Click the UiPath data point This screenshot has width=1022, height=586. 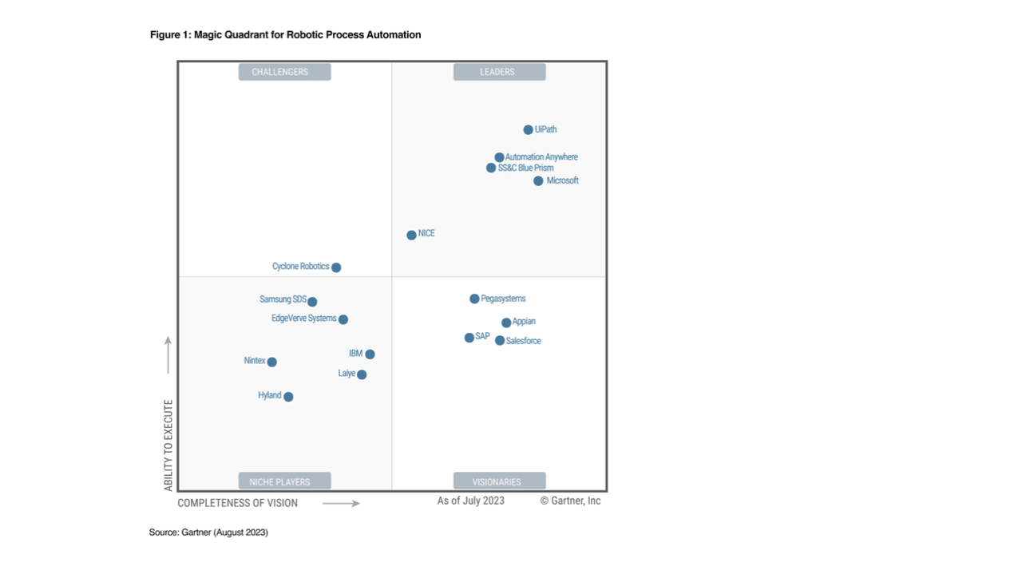coord(528,130)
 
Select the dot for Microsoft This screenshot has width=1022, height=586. coord(538,181)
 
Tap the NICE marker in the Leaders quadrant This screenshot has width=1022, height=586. coord(411,235)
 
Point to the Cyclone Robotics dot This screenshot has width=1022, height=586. coord(336,267)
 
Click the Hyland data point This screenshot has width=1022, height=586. coord(288,397)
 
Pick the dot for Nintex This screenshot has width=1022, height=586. coord(271,362)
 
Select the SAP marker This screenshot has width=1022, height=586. coord(469,338)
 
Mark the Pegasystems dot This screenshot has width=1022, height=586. coord(474,299)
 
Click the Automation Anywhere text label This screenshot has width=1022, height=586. coord(541,157)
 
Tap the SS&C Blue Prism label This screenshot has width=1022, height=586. coord(525,168)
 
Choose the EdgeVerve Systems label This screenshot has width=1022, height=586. coord(303,319)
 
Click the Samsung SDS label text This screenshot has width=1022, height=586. coord(283,299)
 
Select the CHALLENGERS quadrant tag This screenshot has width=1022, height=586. coord(284,72)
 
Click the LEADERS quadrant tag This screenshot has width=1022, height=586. coord(499,72)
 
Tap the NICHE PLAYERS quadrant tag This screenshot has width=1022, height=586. coord(284,481)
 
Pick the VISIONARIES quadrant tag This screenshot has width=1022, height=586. coord(499,481)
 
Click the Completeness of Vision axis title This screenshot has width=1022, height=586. coord(237,503)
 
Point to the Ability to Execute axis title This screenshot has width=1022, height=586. coord(168,445)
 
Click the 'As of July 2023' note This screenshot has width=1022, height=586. coord(470,501)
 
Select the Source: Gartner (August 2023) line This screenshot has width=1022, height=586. coord(208,533)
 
